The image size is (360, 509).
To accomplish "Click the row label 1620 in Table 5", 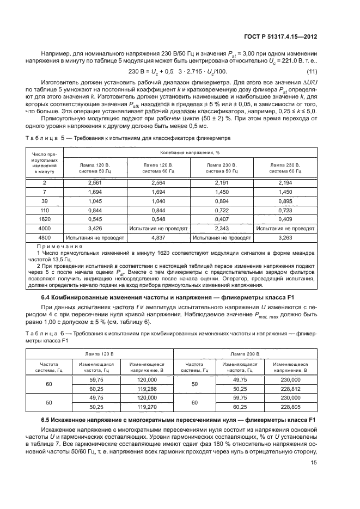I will [45, 219].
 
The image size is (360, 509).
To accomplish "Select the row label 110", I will [45, 211].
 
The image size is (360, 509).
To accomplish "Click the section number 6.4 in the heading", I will [47, 298].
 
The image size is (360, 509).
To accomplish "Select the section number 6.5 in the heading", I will [47, 420].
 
